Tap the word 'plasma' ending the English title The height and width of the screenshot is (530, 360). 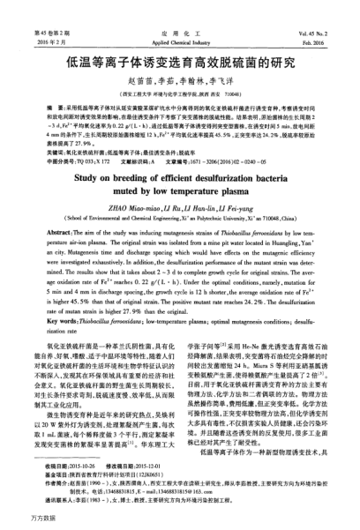pos(230,190)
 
